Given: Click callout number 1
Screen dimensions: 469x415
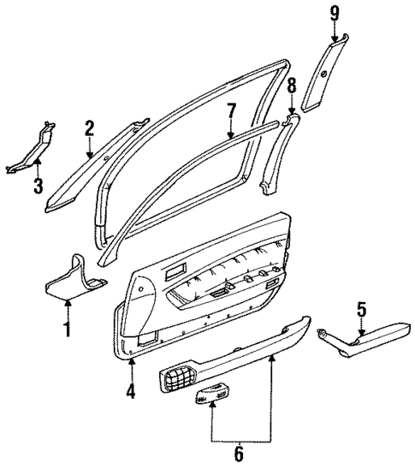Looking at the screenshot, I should click(68, 328).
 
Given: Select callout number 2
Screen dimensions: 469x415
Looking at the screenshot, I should click(89, 129).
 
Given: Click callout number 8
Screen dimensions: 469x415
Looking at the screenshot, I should click(291, 86).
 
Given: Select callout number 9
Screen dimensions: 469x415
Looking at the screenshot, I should click(334, 12).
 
